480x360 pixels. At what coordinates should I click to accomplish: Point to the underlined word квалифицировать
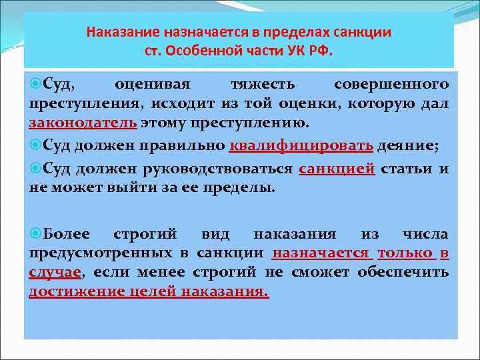tap(301, 147)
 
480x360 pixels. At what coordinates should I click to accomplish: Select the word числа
tap(425, 234)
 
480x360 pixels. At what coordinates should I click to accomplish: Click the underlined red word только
tap(405, 253)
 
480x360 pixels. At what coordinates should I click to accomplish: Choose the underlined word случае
tap(64, 272)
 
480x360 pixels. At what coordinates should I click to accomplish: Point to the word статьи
tap(408, 169)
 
